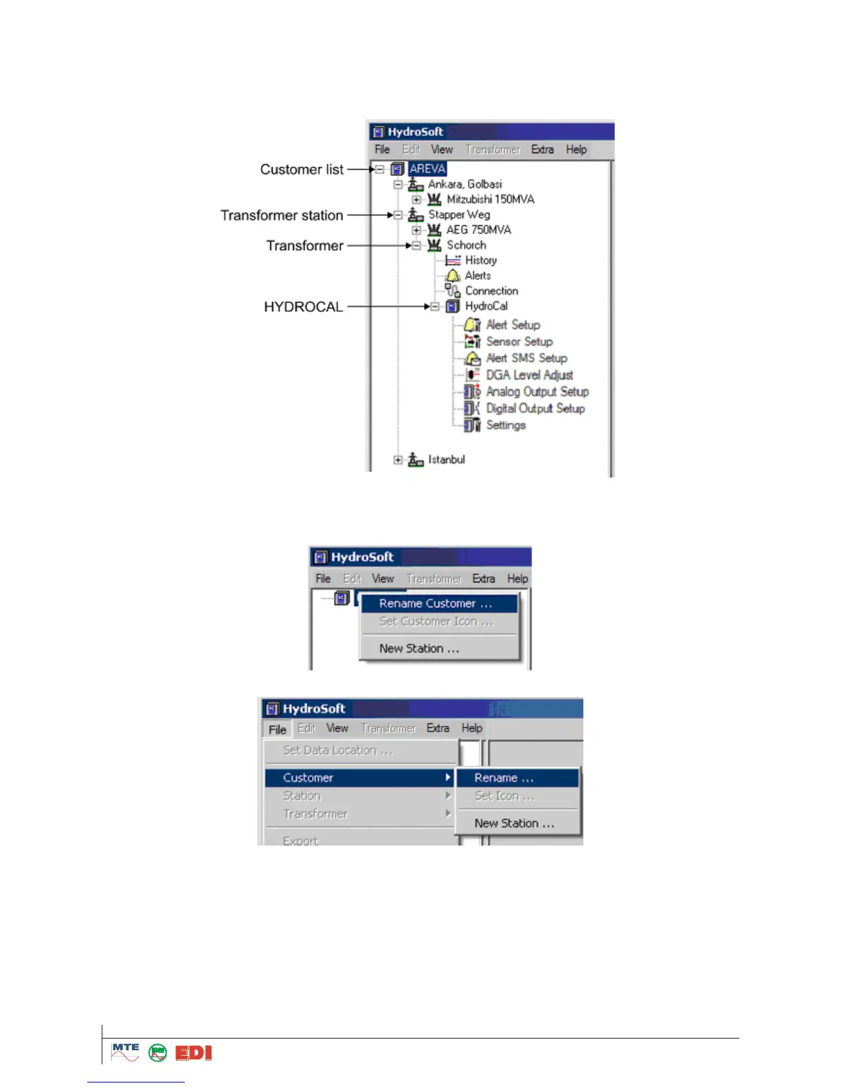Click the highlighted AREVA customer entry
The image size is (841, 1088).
point(427,169)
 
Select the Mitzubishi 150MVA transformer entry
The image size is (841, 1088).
point(490,199)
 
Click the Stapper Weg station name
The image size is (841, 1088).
point(459,214)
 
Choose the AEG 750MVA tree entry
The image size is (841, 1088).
point(479,229)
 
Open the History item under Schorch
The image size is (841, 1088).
point(480,260)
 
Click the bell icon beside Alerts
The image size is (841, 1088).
point(453,275)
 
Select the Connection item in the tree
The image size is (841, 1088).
point(491,291)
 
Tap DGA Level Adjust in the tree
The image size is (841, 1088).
point(529,375)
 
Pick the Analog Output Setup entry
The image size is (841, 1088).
point(537,392)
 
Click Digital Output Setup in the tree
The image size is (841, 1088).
point(535,409)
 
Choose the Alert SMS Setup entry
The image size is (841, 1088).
point(526,358)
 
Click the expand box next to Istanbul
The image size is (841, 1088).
point(398,460)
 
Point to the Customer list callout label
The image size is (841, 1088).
point(302,170)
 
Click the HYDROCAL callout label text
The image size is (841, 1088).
point(303,307)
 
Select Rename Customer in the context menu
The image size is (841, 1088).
point(436,604)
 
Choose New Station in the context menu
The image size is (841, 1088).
point(419,648)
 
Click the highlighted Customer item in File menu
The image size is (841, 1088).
point(308,778)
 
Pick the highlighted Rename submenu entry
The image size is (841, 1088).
point(504,778)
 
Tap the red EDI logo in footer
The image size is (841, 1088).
point(193,1053)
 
